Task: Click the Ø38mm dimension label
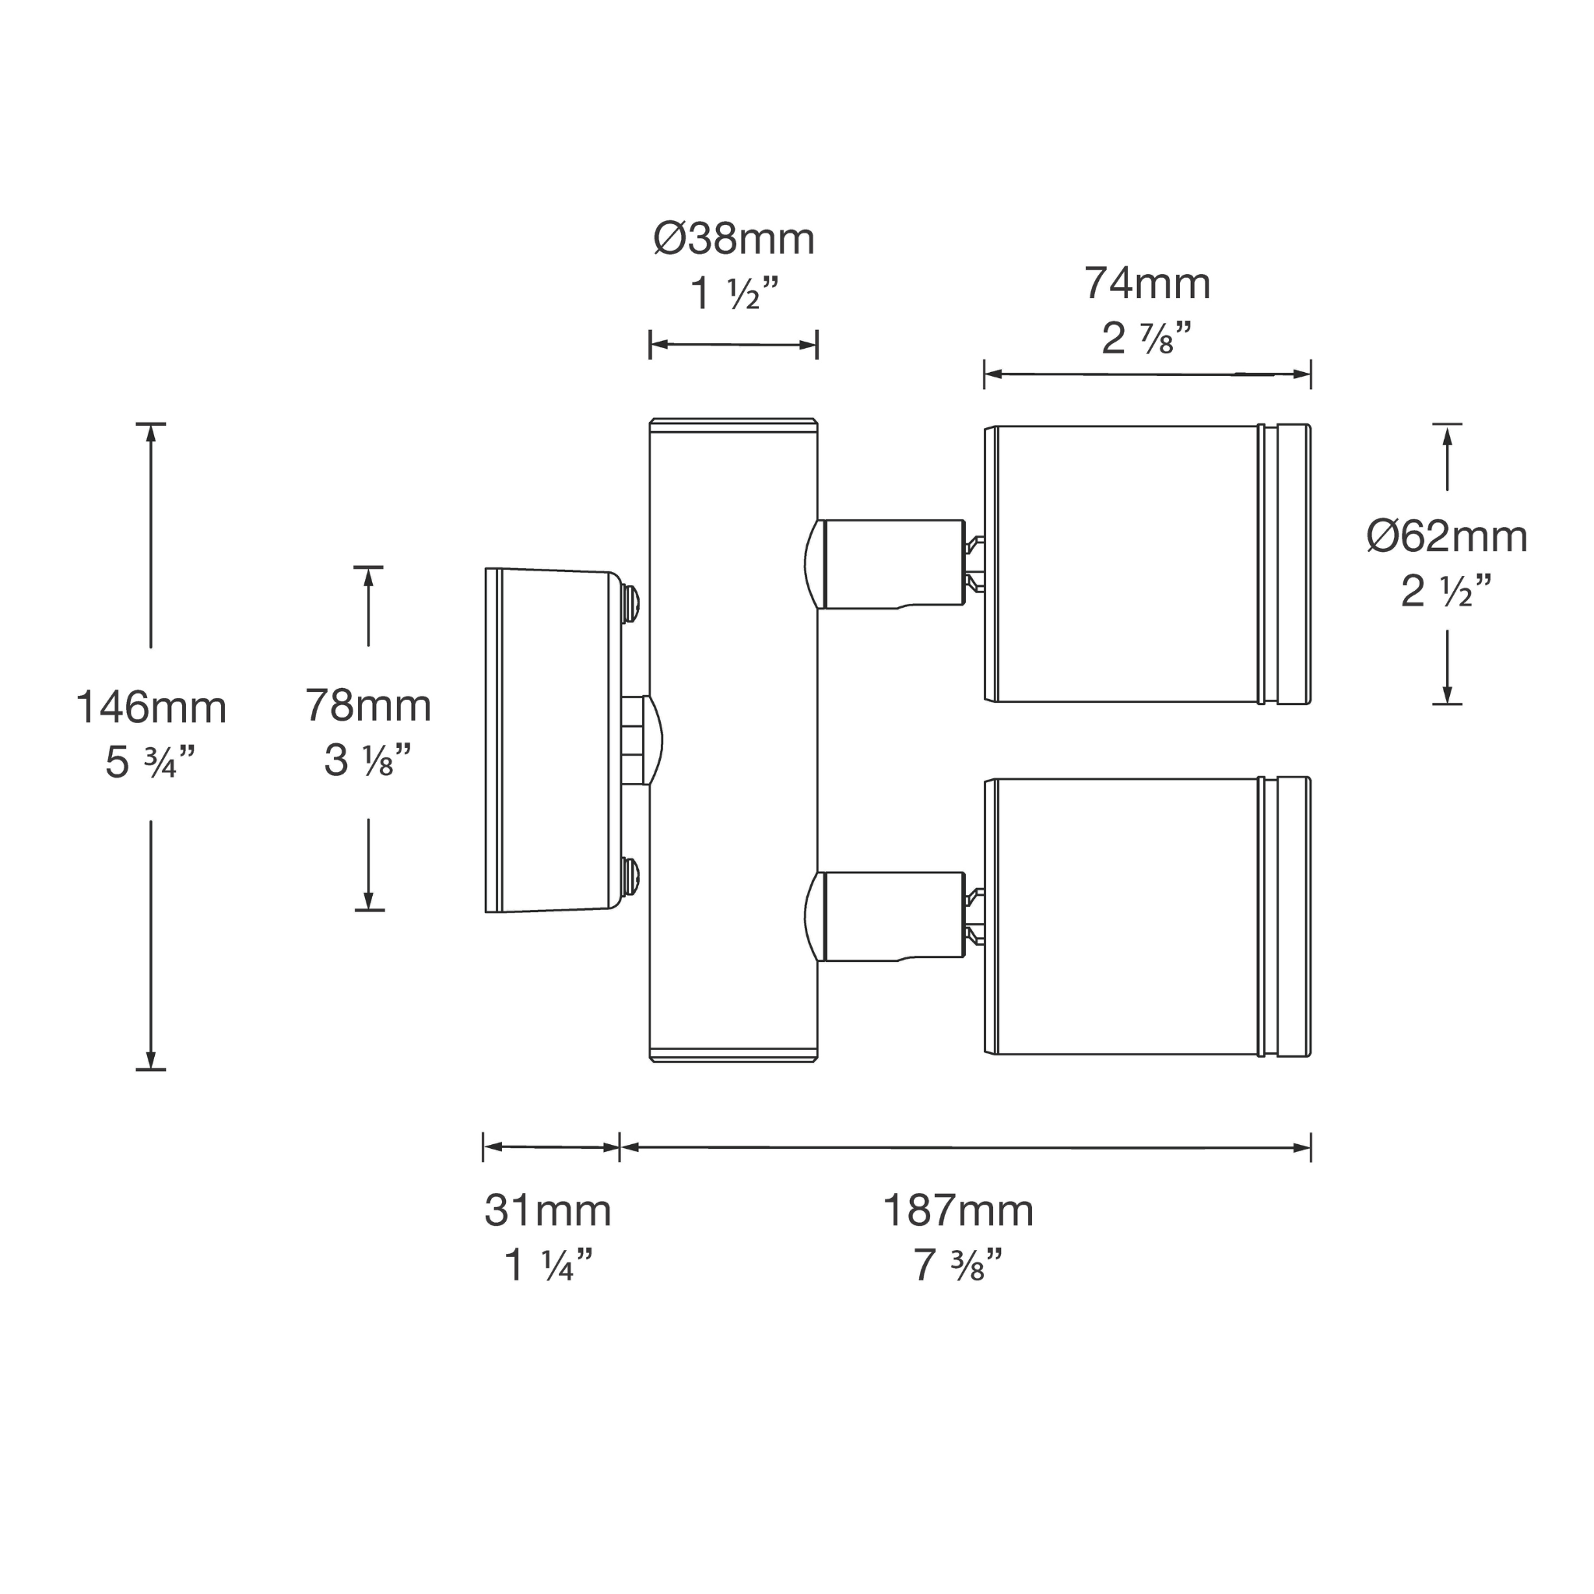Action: (x=733, y=240)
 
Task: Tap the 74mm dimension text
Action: (x=1146, y=284)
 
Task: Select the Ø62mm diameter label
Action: (x=1446, y=537)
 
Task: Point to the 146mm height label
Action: (x=151, y=708)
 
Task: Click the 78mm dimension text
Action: (x=368, y=706)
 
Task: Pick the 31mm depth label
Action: (x=548, y=1211)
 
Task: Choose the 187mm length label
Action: (x=958, y=1211)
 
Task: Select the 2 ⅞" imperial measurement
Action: (x=1146, y=339)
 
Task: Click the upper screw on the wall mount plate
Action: (x=631, y=603)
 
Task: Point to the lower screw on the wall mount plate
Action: (x=631, y=876)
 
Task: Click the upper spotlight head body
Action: (x=1126, y=564)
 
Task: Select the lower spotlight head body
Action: (x=1126, y=917)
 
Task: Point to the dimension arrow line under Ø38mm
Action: (x=733, y=345)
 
